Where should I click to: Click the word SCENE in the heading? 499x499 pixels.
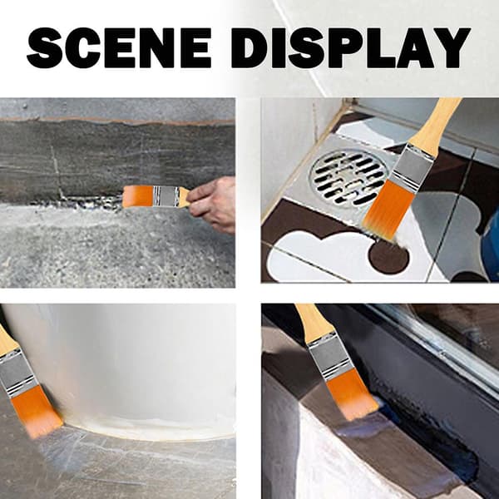point(119,47)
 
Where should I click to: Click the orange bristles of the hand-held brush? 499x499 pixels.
point(137,196)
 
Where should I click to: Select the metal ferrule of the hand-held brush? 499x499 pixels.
point(166,196)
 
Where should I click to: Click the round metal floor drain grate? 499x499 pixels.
point(350,177)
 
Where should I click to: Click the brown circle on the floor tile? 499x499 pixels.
point(388,257)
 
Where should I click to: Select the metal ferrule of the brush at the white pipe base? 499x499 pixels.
point(17,373)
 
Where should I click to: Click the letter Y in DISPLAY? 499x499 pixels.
point(450,47)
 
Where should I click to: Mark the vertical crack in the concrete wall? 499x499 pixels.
point(57,172)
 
